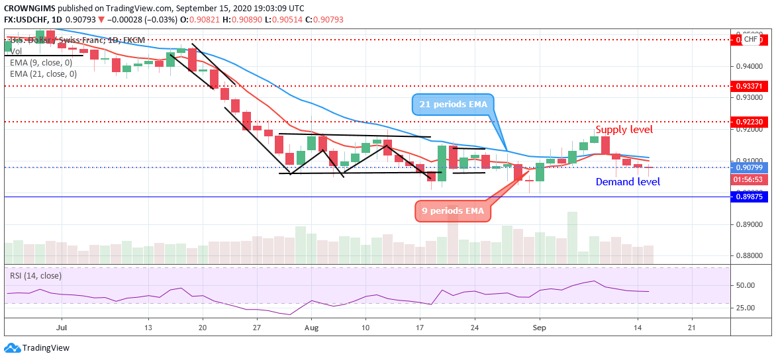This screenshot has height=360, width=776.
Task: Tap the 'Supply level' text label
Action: [624, 130]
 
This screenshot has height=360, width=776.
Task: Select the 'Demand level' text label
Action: [628, 182]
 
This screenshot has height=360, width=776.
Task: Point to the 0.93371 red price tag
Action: [750, 86]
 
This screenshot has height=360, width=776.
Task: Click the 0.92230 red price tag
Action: [750, 122]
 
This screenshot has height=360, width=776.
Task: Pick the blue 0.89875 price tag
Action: [750, 196]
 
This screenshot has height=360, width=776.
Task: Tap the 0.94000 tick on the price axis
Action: [749, 66]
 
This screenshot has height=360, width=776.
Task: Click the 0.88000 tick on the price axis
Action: [749, 256]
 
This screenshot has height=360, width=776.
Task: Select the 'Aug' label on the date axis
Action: [312, 327]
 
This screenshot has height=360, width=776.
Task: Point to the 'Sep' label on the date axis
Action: [540, 327]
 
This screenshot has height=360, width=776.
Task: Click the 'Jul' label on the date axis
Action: [62, 327]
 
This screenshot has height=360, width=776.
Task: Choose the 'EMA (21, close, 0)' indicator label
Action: [43, 74]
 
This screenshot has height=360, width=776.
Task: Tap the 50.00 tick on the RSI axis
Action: [746, 286]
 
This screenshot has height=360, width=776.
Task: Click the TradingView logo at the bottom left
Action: [36, 348]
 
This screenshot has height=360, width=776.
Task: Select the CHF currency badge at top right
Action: [750, 40]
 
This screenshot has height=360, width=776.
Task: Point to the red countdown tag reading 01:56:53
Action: [750, 179]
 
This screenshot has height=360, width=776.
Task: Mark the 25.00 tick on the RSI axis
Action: [746, 308]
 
